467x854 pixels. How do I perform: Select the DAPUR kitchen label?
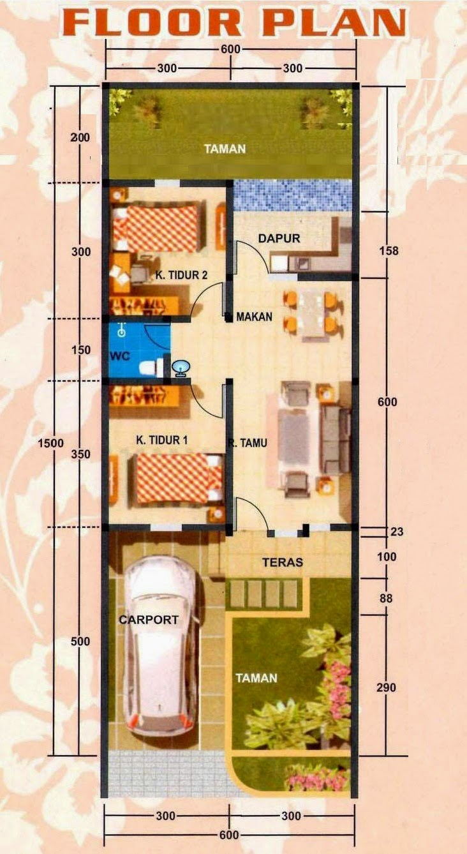[279, 238]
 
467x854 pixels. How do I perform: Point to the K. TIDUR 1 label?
[161, 440]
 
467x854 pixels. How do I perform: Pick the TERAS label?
[282, 562]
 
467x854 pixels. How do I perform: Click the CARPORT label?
[148, 619]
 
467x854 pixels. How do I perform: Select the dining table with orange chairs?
[310, 312]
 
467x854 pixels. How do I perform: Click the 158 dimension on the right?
[388, 250]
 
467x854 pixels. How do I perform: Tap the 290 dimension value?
[387, 687]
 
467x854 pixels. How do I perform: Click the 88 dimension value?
[385, 599]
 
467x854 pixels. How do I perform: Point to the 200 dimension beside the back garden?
[80, 137]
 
